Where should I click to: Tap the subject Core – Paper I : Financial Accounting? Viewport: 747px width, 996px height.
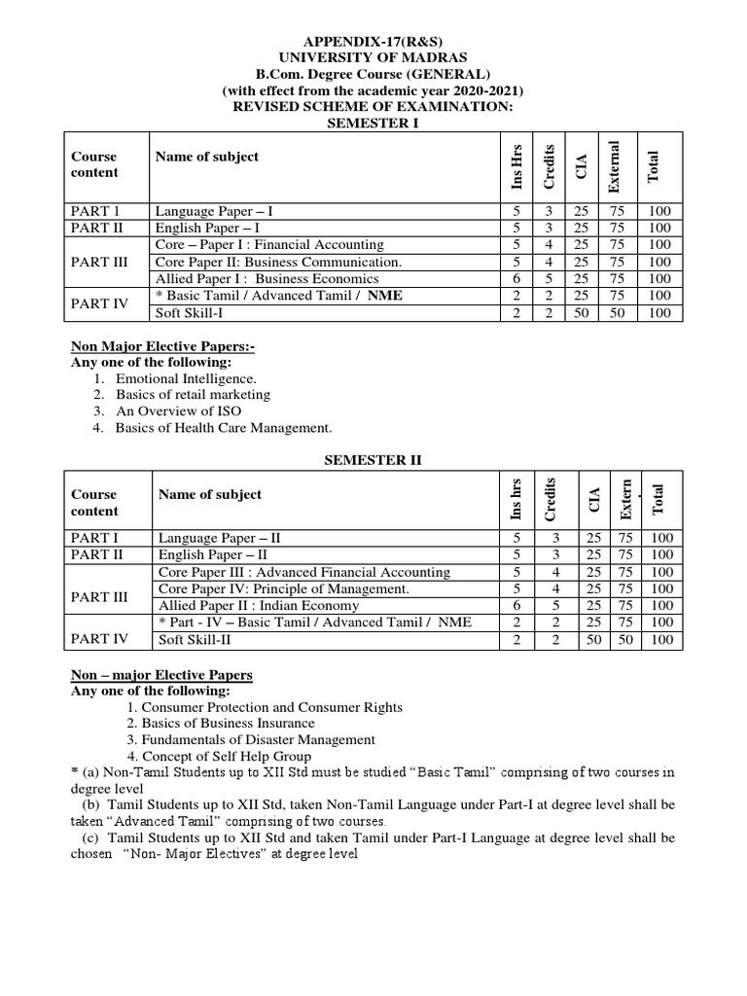click(x=269, y=245)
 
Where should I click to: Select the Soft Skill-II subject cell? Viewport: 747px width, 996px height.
click(x=195, y=640)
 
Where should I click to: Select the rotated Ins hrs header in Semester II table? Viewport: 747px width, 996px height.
click(x=516, y=498)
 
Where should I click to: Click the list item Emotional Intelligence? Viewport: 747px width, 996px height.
click(x=186, y=378)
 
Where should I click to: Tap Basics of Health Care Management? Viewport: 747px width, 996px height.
click(x=224, y=428)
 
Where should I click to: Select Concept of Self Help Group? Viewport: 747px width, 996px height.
click(x=218, y=757)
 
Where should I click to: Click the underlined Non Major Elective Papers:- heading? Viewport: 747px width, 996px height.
click(x=163, y=345)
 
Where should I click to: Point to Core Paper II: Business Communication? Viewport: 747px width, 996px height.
click(x=277, y=263)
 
